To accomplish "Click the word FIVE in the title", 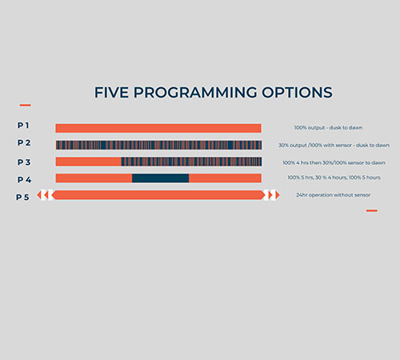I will coord(111,92).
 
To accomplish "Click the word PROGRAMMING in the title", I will coord(194,92).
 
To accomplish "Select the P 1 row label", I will coord(24,126).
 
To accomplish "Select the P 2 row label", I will coord(24,143).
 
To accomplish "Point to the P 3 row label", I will coord(24,162).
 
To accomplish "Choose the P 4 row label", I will coord(24,179).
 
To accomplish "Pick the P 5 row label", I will coord(23,197).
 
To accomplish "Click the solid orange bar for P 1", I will coord(158,128).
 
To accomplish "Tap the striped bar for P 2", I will coord(158,145).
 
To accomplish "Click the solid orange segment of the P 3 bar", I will coord(88,162).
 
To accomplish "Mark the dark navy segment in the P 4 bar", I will coord(160,178).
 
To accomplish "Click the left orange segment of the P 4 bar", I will coord(93,178).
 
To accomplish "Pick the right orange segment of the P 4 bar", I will coord(225,178).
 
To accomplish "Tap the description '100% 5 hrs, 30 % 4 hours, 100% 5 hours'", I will coord(334,178).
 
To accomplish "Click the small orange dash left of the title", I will coord(25,105).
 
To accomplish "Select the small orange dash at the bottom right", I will coord(371,210).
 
